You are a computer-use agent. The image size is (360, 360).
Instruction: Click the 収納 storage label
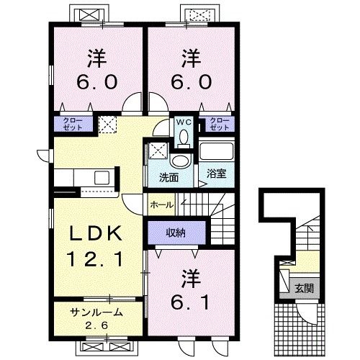176,232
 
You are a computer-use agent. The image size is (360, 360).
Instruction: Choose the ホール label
161,205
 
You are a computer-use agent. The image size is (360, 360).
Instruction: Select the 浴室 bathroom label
216,173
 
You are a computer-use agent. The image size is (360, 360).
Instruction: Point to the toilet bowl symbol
184,136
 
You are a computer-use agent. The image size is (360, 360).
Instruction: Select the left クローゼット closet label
72,123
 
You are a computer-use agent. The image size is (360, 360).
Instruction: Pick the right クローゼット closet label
219,123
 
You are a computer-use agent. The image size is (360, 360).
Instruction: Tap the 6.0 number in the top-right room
190,82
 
